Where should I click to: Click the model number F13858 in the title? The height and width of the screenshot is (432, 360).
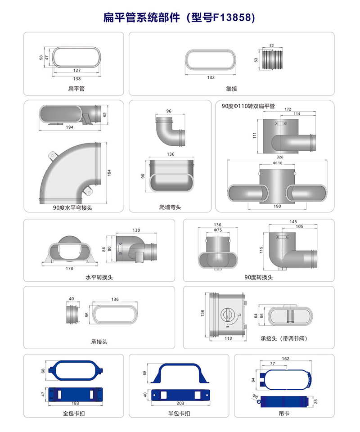tap(233, 18)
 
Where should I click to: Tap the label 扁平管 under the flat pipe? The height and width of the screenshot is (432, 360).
tap(76, 89)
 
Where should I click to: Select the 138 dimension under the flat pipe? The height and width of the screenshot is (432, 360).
tap(77, 78)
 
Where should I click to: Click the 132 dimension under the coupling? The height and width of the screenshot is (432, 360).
tap(211, 77)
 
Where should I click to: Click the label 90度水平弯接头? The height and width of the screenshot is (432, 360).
tap(72, 208)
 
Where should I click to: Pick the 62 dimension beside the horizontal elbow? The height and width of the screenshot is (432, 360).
tap(105, 115)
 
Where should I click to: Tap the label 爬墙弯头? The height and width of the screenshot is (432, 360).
tap(170, 207)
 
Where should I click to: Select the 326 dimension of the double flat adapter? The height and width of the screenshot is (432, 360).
tap(280, 157)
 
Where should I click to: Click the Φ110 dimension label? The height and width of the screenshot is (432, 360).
tap(278, 163)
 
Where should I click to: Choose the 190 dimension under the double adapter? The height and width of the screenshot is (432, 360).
tap(277, 206)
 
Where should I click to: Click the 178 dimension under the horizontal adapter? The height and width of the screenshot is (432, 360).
tap(69, 268)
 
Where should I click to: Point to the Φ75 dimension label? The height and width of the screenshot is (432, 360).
tap(218, 230)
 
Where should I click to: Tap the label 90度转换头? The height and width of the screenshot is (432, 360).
tap(258, 277)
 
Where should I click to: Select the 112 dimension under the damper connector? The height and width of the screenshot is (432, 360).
tap(228, 338)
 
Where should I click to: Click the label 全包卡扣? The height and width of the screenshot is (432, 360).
tap(74, 413)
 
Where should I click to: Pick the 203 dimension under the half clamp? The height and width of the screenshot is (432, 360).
tap(180, 403)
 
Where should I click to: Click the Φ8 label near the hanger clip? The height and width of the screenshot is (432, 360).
tap(255, 396)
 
